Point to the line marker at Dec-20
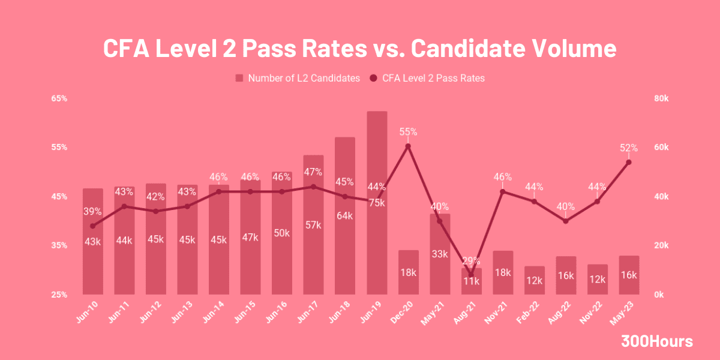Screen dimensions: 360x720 (x=408, y=146)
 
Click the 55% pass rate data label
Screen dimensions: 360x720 (x=408, y=131)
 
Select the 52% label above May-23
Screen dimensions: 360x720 (x=629, y=148)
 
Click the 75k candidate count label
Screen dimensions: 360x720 (x=377, y=203)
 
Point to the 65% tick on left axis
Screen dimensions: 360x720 (x=59, y=98)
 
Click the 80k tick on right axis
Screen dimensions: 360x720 (x=661, y=98)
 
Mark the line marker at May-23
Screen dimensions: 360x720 (x=629, y=162)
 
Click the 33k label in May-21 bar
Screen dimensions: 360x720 (x=440, y=254)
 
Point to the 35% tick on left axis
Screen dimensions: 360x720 (x=59, y=245)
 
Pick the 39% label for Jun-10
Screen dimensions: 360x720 (x=92, y=211)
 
